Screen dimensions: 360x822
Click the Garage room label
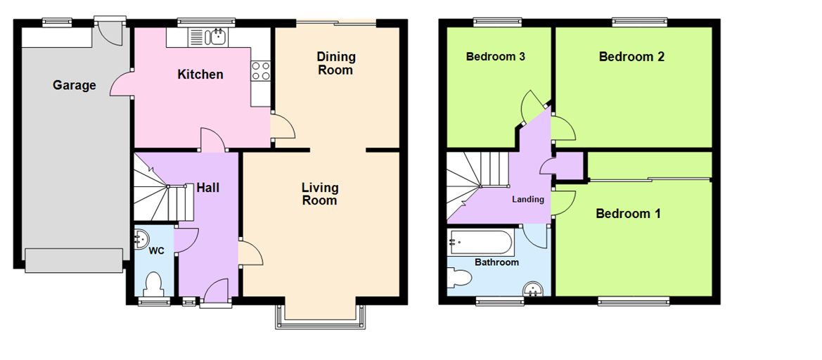tap(74, 86)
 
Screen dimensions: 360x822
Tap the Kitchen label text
tap(200, 75)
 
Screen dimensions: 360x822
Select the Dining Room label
tap(336, 63)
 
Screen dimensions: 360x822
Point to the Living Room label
tap(320, 194)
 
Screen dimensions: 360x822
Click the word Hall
tap(207, 188)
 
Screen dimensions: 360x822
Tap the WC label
tap(156, 251)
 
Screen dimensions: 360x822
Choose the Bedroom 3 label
tap(496, 57)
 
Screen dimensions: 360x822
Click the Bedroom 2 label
tap(631, 57)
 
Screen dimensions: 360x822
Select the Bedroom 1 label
tap(628, 214)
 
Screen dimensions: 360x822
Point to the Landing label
tap(527, 200)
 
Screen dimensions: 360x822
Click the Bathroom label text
tap(496, 262)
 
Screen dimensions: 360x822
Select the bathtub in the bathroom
tap(481, 243)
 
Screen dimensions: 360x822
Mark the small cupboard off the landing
tap(570, 166)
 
